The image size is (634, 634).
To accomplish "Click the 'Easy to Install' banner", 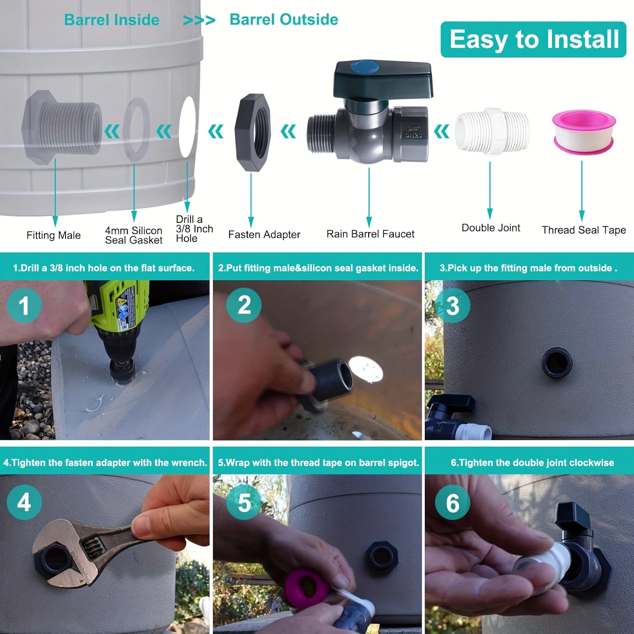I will point(533,39).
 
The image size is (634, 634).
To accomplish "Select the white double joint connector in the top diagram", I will point(492,131).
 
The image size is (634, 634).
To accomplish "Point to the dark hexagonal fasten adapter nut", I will point(253,132).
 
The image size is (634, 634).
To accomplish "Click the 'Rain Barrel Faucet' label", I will point(370,234).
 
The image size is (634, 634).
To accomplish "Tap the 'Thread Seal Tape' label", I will point(583,230).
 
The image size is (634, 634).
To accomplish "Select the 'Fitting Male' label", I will point(53,235).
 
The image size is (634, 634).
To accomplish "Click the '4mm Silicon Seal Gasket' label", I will point(134,235).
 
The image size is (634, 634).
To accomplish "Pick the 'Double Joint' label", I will point(491,228).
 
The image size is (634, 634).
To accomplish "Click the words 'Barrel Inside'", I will point(112,20).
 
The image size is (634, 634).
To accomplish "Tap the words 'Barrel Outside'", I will point(284,19).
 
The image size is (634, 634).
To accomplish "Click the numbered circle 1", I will point(24,306).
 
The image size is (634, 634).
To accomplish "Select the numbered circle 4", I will point(24,502).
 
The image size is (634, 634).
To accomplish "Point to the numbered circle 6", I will point(452,502).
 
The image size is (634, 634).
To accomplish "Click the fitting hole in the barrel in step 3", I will point(557,363).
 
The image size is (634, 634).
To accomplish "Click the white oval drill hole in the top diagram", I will point(187,127).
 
